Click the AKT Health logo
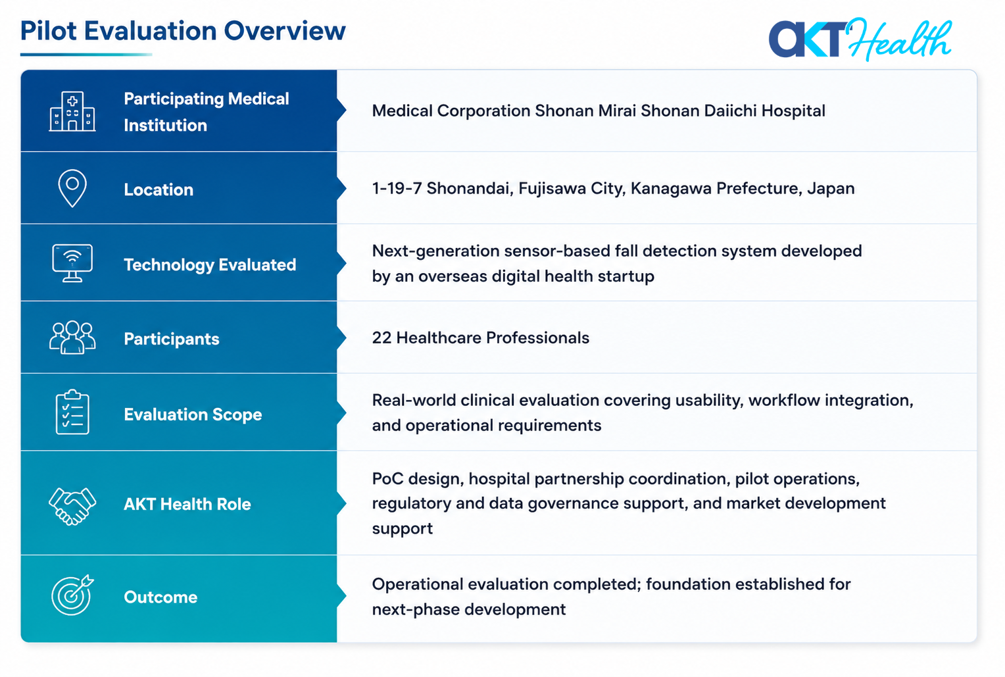point(860,39)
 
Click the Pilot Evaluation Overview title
point(183,31)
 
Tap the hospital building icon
point(72,111)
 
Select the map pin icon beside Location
point(72,188)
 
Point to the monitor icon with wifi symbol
point(72,263)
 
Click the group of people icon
point(72,338)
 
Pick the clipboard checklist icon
point(72,412)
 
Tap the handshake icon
point(72,506)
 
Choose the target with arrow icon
point(72,595)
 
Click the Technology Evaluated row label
point(210,265)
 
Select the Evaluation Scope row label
point(193,414)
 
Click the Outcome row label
point(160,597)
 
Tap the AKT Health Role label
point(187,504)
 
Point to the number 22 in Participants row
point(381,338)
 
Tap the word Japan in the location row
point(831,189)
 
